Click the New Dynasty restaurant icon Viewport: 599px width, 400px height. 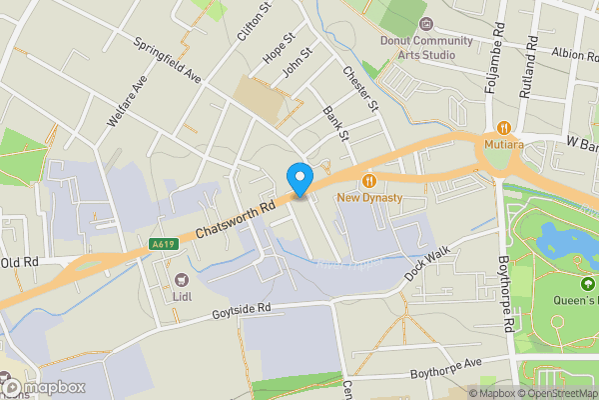coord(369,180)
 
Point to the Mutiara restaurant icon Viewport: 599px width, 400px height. coord(504,128)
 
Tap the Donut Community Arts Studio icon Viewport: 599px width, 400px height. coord(426,23)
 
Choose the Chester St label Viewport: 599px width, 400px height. coord(359,89)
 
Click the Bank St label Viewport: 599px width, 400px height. coord(336,124)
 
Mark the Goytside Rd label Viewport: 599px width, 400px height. coord(244,314)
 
